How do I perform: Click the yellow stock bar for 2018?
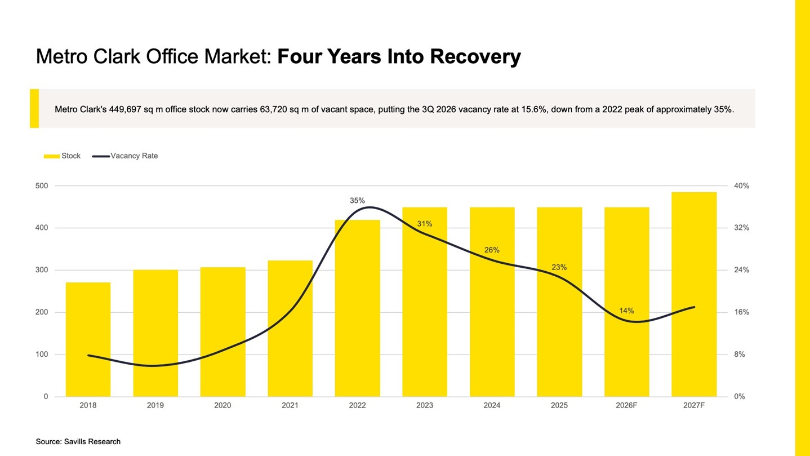point(88,339)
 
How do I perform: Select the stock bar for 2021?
point(290,329)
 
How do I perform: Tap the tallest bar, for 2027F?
point(694,294)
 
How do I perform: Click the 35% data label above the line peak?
point(357,201)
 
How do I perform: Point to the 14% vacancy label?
point(626,311)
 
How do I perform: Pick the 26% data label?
point(492,250)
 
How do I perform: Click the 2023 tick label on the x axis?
point(425,405)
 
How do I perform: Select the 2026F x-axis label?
point(626,405)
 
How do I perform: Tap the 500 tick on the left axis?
point(42,186)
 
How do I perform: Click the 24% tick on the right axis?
point(741,270)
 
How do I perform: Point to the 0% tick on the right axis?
point(740,397)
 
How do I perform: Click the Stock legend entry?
point(62,156)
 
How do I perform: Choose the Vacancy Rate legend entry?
point(125,156)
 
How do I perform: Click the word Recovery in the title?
point(475,57)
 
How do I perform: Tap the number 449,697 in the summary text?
point(125,109)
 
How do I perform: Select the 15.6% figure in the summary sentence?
point(534,109)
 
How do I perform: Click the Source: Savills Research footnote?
point(78,441)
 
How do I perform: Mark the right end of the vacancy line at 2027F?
point(695,307)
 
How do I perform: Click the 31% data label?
point(425,224)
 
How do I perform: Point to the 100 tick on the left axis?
point(42,355)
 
